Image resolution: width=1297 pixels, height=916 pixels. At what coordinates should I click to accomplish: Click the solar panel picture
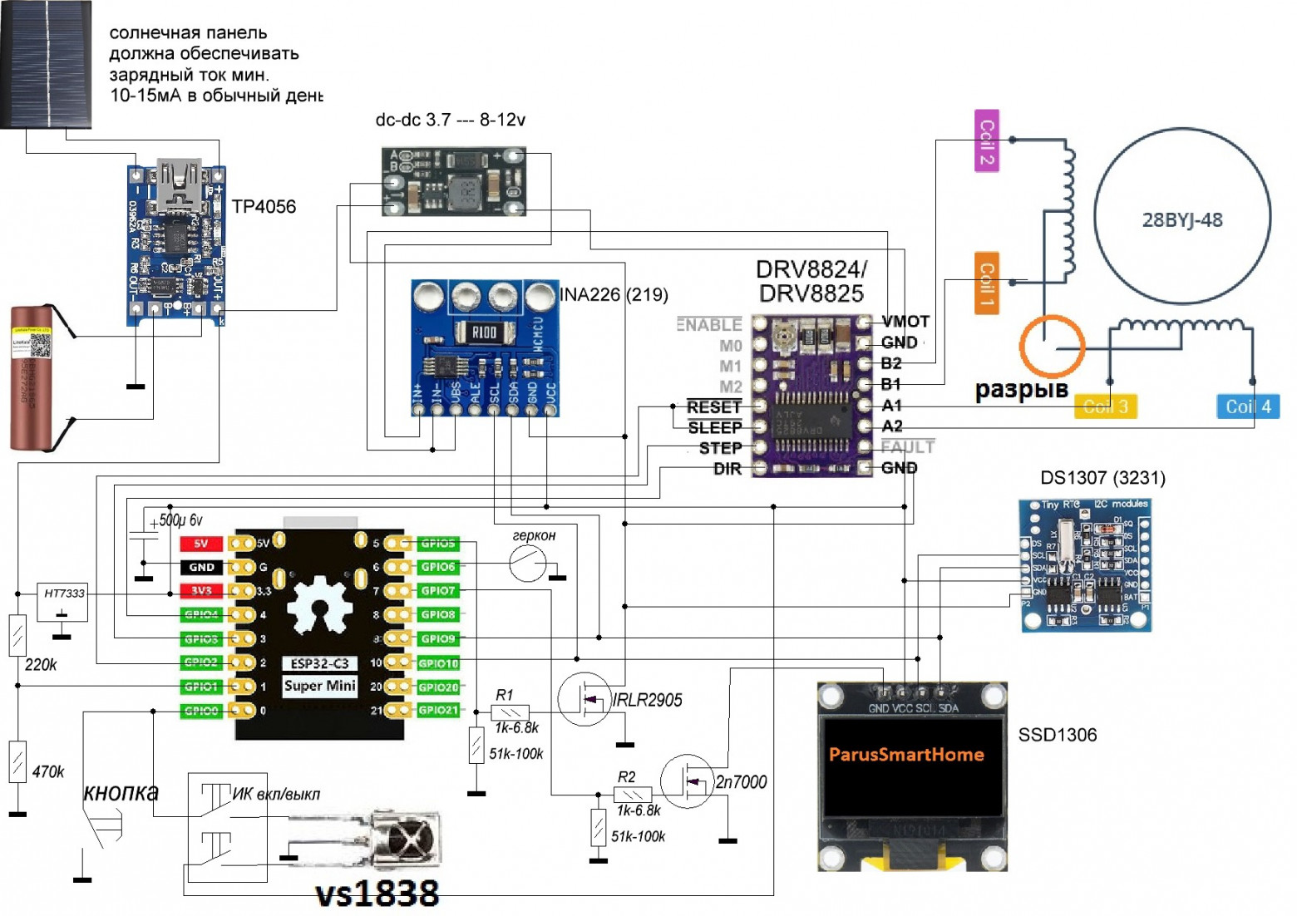click(46, 64)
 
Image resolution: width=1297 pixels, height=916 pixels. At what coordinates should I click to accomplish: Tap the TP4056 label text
click(264, 207)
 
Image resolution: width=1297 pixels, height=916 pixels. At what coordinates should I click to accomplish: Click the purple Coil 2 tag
click(986, 140)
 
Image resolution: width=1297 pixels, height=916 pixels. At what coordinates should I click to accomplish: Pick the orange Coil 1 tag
click(986, 283)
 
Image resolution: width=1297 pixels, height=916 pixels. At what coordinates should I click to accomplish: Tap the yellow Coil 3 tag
click(1105, 406)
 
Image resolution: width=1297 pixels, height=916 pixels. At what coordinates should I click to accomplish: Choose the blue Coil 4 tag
click(1247, 406)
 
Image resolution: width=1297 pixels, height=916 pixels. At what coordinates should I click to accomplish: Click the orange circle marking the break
click(1052, 346)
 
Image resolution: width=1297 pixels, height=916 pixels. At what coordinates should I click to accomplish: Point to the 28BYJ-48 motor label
click(1181, 220)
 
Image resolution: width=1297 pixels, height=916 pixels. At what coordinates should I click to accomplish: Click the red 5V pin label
click(200, 544)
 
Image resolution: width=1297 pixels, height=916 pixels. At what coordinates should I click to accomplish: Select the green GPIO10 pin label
click(438, 663)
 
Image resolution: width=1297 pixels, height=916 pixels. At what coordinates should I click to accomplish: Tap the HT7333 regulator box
click(63, 601)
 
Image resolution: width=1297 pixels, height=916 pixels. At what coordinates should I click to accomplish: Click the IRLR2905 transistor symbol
click(585, 700)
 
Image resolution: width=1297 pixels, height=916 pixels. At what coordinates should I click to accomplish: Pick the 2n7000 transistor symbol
click(688, 781)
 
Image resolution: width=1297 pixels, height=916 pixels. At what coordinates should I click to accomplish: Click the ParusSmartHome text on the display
click(906, 755)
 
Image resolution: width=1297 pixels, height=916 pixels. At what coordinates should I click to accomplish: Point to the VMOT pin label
click(905, 322)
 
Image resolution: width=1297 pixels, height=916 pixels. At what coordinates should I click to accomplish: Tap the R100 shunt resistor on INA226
click(484, 332)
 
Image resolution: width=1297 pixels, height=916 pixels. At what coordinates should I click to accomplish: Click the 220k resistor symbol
click(17, 636)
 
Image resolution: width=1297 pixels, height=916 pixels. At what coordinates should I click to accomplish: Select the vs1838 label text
click(377, 894)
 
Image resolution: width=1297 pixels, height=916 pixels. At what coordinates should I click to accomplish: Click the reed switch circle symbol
click(527, 564)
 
